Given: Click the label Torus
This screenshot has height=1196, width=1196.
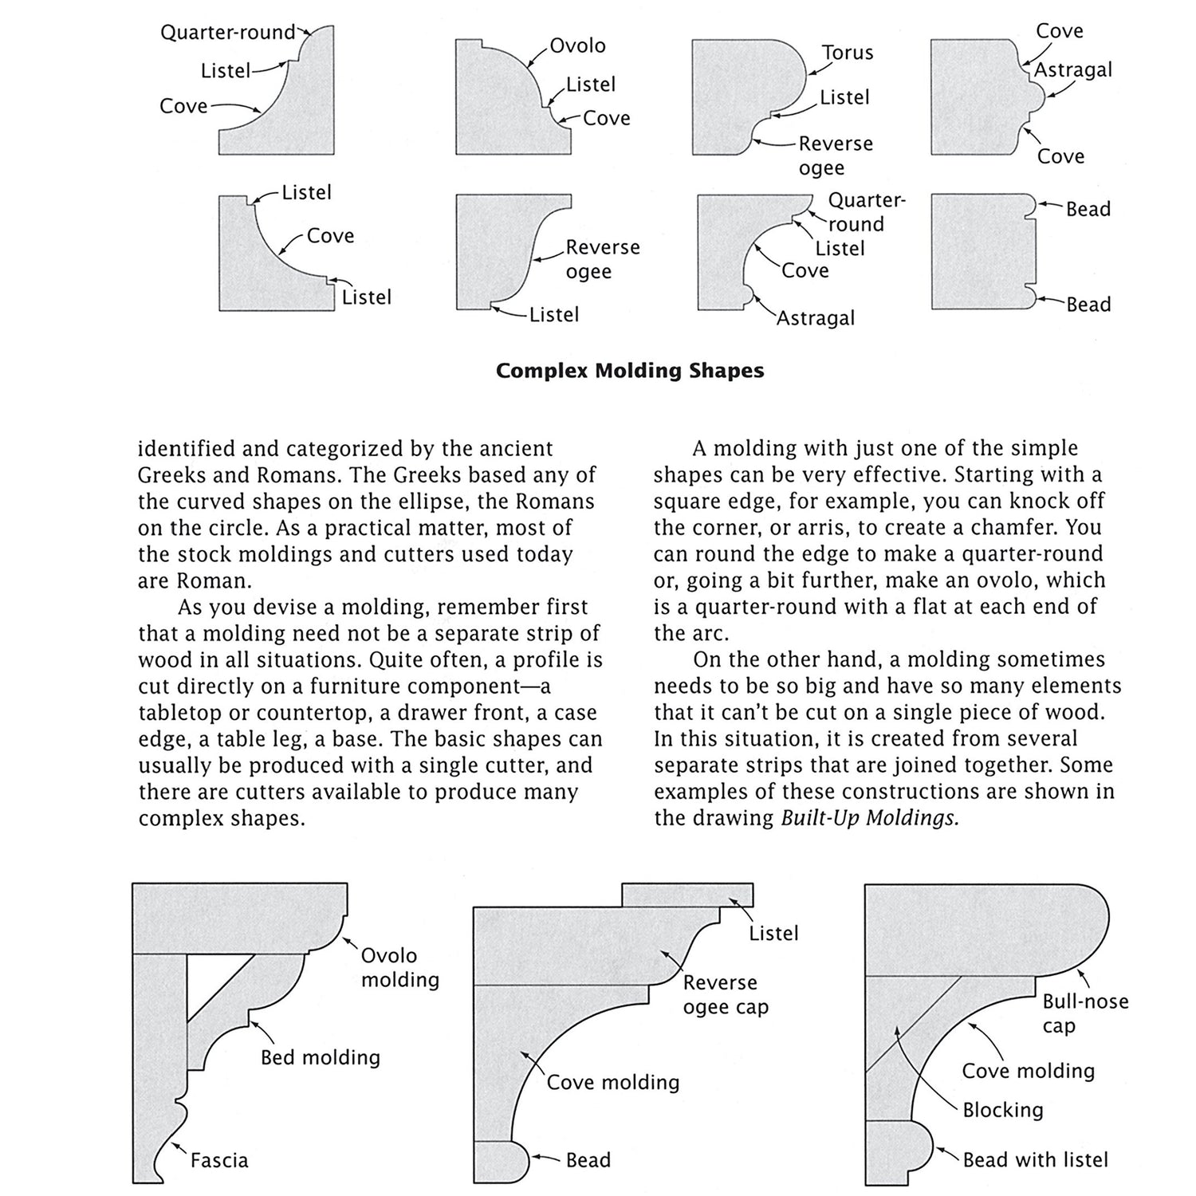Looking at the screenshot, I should point(848,53).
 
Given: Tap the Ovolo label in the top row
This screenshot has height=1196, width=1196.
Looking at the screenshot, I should point(577,45).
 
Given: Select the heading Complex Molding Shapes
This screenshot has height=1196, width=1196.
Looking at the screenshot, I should point(630,371).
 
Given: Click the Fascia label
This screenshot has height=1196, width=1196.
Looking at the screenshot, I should point(219,1160).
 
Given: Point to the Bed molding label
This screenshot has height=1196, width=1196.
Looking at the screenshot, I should point(321,1057).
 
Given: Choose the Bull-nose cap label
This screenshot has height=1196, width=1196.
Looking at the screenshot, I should point(1085,1013).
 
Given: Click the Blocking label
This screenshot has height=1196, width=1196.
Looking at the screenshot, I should point(1002,1110).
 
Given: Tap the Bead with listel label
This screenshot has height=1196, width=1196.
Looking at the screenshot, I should point(1035,1159).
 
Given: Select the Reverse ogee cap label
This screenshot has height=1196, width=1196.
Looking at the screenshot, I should point(725,994).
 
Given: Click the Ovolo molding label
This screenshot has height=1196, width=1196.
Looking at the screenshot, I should point(399,967).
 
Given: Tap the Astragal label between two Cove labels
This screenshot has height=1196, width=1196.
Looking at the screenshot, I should point(1072,70).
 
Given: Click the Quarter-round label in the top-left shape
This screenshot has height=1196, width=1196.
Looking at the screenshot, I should point(228,33).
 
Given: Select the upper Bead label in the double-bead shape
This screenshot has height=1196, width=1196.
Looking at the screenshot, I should point(1088,210).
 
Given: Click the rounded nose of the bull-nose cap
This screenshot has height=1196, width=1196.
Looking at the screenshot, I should point(1092,929).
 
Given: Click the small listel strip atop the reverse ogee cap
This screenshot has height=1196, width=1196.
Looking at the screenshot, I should point(687,895).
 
